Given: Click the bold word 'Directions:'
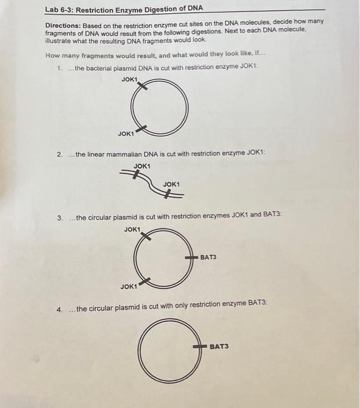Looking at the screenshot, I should [x=65, y=27].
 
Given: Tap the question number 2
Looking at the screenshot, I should [x=60, y=154].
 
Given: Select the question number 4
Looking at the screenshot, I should [x=60, y=309].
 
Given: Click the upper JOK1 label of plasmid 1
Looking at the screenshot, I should [x=130, y=79].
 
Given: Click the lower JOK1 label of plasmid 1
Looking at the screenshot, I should [x=126, y=133].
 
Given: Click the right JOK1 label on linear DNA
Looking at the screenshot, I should [x=172, y=184].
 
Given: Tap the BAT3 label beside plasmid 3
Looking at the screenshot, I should [x=208, y=256].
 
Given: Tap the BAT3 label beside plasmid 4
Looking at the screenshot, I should [x=219, y=346].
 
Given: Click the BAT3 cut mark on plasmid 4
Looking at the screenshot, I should [x=200, y=346].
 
